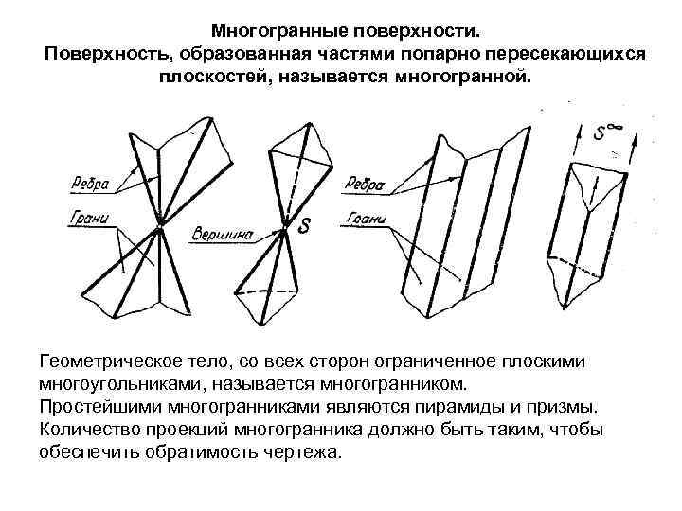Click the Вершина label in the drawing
pos(222,231)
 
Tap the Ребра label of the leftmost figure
pos(91,181)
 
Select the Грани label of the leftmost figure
pos(89,220)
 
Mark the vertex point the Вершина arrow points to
pos(283,230)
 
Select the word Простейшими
pos(99,408)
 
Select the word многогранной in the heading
pos(461,76)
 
